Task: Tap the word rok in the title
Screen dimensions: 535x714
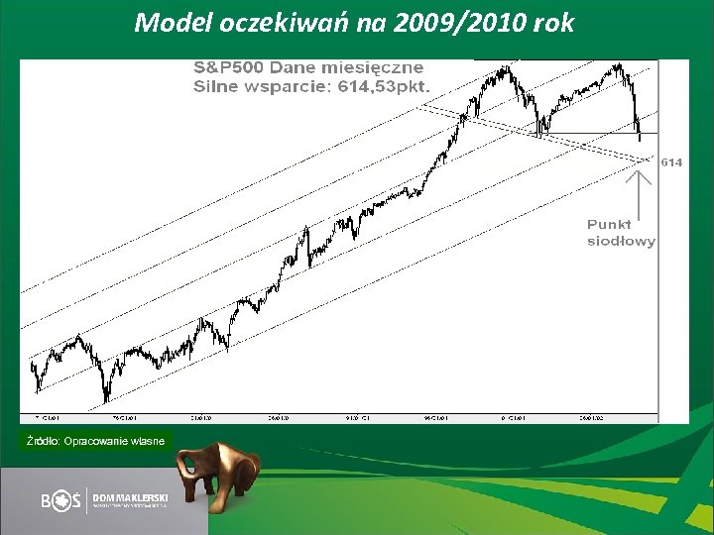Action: pyautogui.click(x=553, y=23)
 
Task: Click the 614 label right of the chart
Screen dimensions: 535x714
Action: pyautogui.click(x=671, y=161)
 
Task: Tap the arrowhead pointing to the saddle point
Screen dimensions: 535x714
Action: pyautogui.click(x=641, y=176)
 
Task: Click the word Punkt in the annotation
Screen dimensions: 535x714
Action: pyautogui.click(x=609, y=225)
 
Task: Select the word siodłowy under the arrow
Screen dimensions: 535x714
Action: pyautogui.click(x=621, y=241)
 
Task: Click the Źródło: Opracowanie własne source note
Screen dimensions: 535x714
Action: pyautogui.click(x=96, y=440)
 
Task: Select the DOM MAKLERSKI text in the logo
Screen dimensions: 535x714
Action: pyautogui.click(x=131, y=495)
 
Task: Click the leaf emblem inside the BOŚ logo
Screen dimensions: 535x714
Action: pyautogui.click(x=64, y=501)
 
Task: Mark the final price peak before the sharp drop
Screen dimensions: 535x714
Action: pyautogui.click(x=620, y=65)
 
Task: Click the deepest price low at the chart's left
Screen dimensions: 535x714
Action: pyautogui.click(x=106, y=400)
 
